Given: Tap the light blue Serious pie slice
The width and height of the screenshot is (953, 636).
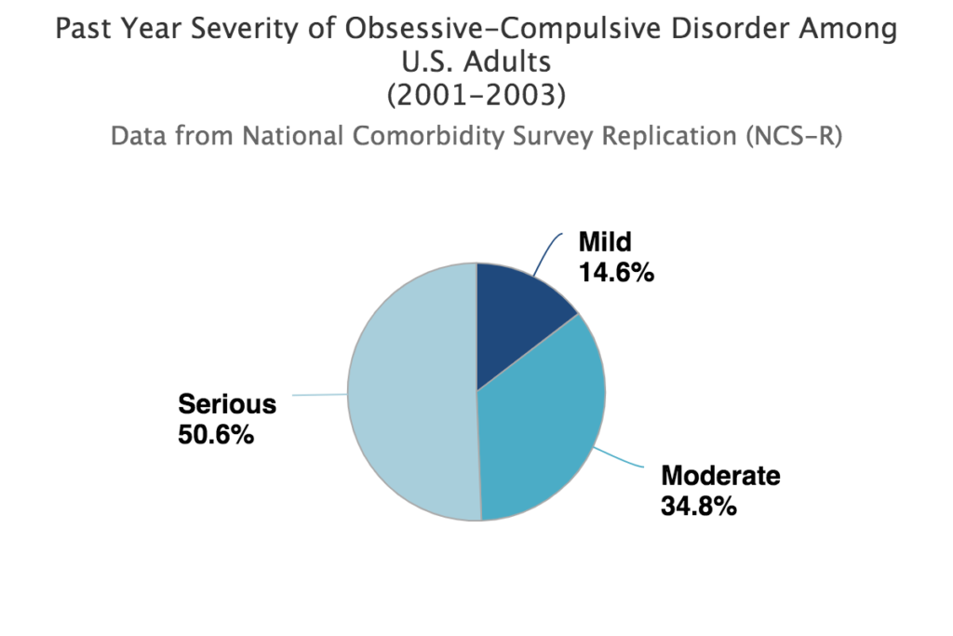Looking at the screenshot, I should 409,391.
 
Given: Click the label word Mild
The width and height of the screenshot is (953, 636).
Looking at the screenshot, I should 605,243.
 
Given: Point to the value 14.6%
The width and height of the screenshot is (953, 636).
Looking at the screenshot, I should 616,274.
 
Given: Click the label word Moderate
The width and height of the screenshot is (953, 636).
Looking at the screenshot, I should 720,476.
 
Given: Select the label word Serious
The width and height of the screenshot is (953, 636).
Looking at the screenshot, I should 227,404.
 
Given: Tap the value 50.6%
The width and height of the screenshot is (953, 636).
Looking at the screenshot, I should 216,435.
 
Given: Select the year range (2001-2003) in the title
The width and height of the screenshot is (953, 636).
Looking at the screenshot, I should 476,95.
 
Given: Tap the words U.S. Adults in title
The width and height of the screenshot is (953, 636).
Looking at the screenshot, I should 476,62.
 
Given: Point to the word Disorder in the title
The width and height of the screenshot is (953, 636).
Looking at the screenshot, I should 743,30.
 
